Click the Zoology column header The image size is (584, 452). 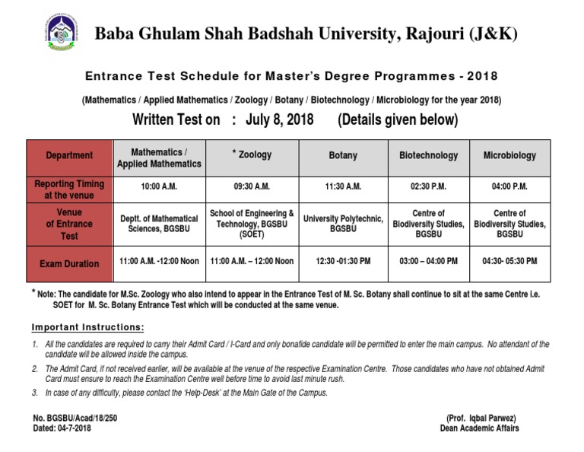252,155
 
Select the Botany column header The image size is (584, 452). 343,155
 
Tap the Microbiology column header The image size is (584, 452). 509,155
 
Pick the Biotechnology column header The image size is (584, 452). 429,155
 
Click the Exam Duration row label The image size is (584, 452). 69,264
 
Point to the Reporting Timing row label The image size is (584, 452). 69,189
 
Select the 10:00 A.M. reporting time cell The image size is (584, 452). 159,186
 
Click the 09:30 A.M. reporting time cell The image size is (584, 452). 252,186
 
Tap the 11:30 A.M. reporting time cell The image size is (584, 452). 343,186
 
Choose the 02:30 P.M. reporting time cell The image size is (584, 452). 429,186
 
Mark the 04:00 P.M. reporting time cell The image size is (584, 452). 509,186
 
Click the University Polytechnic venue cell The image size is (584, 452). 343,224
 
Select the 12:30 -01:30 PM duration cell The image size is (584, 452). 343,261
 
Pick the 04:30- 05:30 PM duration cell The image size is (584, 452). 509,261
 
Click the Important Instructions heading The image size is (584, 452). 87,327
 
